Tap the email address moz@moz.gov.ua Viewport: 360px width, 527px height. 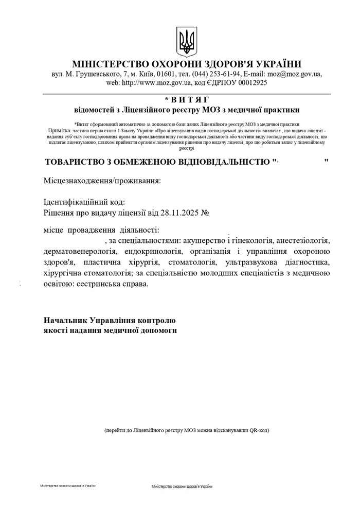[x=295, y=74]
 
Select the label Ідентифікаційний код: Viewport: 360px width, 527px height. [x=84, y=202]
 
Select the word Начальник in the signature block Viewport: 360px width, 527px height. [x=69, y=320]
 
